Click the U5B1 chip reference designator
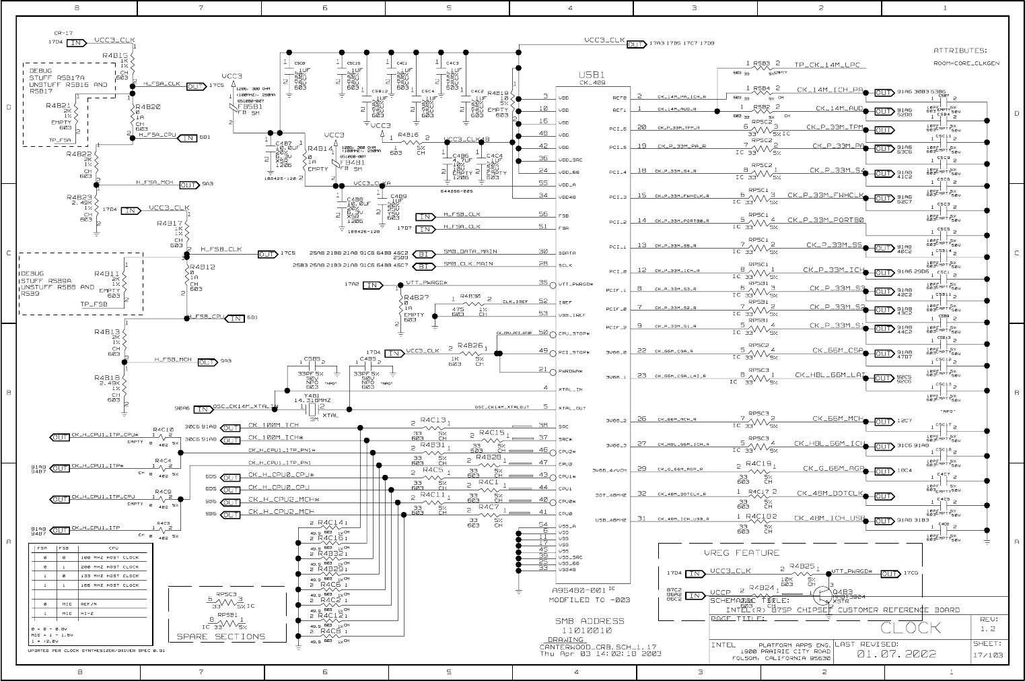click(x=592, y=75)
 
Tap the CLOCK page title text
click(x=911, y=628)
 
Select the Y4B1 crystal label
click(x=303, y=395)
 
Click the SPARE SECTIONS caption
click(x=221, y=637)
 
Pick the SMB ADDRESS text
click(x=589, y=620)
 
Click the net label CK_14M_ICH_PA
click(x=830, y=90)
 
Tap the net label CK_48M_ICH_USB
click(x=829, y=518)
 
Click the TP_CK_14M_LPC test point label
click(x=827, y=65)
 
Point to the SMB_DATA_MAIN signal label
click(x=470, y=252)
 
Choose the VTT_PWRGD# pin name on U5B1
click(x=575, y=284)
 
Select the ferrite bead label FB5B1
click(x=251, y=106)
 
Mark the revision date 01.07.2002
click(x=896, y=654)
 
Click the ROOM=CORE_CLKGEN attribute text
click(x=966, y=63)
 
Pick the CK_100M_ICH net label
click(x=273, y=425)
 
